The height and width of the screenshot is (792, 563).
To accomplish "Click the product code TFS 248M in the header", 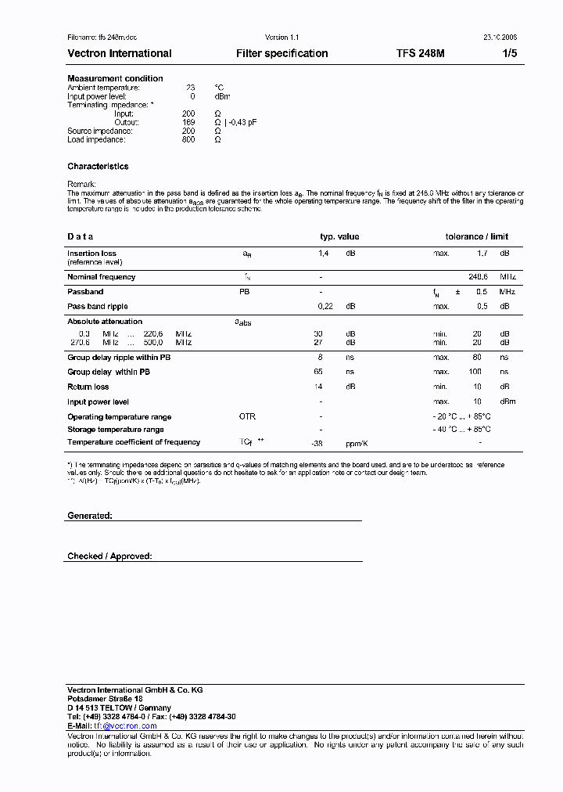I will (421, 54).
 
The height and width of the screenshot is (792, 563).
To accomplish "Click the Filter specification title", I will (282, 54).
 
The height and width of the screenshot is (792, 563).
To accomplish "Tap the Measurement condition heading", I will (116, 78).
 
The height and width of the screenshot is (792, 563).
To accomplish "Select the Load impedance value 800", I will (188, 139).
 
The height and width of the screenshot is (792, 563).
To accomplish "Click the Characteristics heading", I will (98, 167).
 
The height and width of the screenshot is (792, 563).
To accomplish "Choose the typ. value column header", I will (339, 236).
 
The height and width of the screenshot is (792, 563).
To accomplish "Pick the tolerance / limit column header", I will (477, 236).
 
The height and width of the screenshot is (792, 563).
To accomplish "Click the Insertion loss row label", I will (91, 254).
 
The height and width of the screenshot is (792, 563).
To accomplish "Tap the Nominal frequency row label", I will (102, 277).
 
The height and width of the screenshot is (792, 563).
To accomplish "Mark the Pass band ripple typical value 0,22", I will (325, 307).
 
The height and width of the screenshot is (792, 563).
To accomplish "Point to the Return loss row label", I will (88, 387).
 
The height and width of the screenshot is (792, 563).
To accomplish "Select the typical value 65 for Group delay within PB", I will (318, 372).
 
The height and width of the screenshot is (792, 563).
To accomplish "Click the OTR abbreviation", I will (247, 417).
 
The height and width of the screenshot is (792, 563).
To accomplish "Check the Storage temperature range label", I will (116, 430).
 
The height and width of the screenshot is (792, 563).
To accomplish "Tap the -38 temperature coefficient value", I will (317, 443).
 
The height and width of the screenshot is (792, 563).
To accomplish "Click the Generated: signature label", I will (90, 517).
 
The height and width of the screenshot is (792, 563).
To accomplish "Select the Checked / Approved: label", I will (109, 556).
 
